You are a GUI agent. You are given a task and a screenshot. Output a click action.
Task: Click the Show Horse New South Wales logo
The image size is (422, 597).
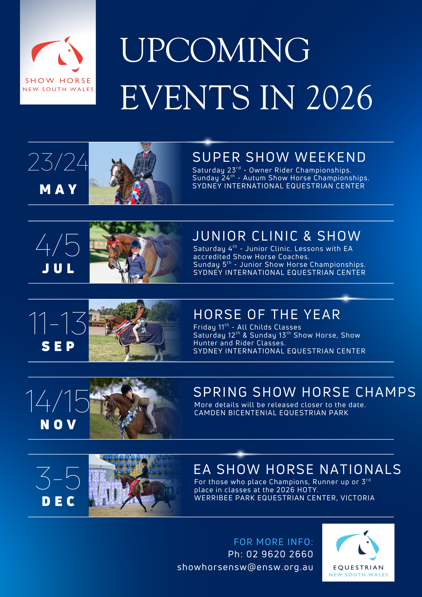pyautogui.click(x=58, y=52)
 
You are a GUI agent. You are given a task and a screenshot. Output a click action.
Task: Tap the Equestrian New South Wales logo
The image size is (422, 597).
pyautogui.click(x=358, y=553)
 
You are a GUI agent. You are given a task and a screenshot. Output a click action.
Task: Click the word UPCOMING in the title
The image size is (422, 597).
pyautogui.click(x=215, y=50)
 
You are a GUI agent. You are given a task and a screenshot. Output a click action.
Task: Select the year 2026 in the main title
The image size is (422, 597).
pyautogui.click(x=339, y=97)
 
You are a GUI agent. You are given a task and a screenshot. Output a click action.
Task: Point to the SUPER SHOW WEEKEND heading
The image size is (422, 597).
pyautogui.click(x=279, y=157)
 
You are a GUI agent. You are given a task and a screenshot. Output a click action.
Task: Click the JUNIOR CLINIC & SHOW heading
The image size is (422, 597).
pyautogui.click(x=277, y=236)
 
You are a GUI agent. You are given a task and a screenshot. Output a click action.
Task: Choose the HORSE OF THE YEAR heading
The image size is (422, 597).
pyautogui.click(x=267, y=314)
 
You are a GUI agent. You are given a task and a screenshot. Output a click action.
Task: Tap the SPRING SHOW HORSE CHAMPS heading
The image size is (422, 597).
pyautogui.click(x=305, y=392)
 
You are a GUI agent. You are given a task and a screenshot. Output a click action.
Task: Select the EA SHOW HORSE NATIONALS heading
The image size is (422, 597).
pyautogui.click(x=297, y=469)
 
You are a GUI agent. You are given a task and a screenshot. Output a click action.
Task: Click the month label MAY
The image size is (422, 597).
pyautogui.click(x=58, y=190)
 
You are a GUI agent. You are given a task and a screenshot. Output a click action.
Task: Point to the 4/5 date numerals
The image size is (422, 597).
pyautogui.click(x=58, y=245)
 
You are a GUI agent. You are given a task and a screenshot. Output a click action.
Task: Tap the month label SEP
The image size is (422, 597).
pyautogui.click(x=58, y=346)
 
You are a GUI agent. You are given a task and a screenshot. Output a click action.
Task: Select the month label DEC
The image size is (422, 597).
pyautogui.click(x=58, y=501)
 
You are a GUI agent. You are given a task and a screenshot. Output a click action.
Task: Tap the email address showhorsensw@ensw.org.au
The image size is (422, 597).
pyautogui.click(x=245, y=567)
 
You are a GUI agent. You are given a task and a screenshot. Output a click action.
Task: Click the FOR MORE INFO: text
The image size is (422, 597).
pyautogui.click(x=274, y=542)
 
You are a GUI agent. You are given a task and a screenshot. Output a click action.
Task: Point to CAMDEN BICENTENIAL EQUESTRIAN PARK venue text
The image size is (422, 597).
pyautogui.click(x=271, y=413)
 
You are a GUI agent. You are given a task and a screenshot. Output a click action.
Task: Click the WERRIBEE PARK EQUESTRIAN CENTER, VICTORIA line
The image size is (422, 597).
pyautogui.click(x=284, y=498)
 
